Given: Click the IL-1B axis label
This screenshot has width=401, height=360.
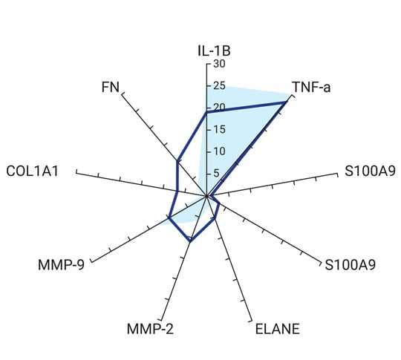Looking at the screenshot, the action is pos(214,50).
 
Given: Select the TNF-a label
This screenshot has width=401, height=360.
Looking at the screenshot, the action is pos(311,87).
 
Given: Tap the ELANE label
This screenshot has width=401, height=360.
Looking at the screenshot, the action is pos(278,329).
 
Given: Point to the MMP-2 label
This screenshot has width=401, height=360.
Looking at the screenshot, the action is pos(150,329).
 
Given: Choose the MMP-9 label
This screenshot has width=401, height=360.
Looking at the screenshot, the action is pos(61,265).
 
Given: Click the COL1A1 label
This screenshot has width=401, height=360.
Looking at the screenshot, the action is pos(33,171).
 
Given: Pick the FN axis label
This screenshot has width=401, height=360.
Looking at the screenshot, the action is pos(111,87).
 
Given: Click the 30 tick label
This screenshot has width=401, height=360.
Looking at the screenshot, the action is pos(219,64).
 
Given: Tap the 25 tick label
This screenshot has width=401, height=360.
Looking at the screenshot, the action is pos(219,85).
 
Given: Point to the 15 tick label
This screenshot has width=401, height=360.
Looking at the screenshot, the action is pos(219,129).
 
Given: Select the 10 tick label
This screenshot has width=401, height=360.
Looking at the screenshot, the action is pos(219,151).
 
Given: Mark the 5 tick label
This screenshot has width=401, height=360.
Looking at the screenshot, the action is pos(216,174).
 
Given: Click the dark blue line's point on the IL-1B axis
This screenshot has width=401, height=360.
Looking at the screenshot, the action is pos(206,113).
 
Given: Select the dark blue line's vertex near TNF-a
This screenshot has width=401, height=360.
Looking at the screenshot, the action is pos(286,102).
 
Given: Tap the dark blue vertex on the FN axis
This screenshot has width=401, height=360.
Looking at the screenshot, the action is pos(177,160).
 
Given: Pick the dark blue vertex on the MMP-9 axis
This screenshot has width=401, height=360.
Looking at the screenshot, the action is pos(169,217).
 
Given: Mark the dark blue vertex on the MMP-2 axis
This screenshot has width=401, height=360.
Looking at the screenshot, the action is pos(190,241).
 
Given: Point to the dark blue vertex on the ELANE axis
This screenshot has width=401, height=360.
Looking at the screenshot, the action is pos(215,219).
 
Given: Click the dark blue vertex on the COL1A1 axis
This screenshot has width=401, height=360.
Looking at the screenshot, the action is pos(177,191).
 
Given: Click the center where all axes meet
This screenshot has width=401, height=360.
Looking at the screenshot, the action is pos(206,196).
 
